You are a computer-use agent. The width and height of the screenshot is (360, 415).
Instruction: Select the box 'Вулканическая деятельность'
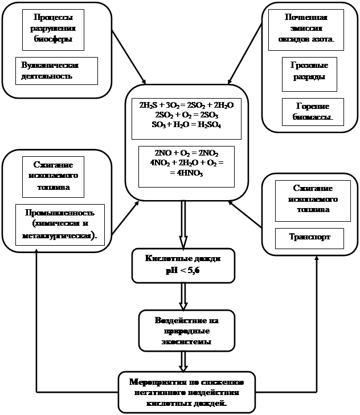click(x=56, y=70)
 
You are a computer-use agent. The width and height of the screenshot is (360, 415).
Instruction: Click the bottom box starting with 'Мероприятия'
click(x=186, y=392)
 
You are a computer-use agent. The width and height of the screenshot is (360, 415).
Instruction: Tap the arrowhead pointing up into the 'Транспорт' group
click(x=316, y=254)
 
